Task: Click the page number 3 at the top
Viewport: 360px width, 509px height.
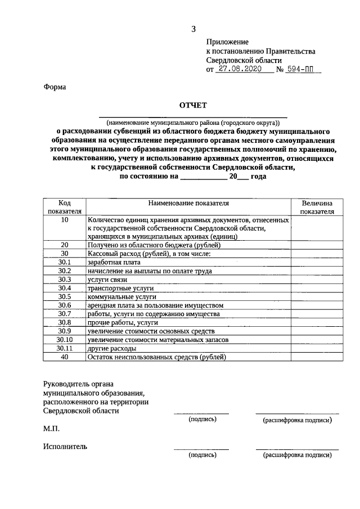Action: point(193,29)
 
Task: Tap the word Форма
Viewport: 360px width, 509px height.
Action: point(55,87)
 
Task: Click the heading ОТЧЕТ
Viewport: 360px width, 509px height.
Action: point(193,105)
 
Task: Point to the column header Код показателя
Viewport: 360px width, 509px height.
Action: point(65,207)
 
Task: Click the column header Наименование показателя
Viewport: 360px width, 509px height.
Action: point(188,203)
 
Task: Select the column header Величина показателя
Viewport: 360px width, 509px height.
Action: point(317,207)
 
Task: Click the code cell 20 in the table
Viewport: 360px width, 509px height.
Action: point(65,245)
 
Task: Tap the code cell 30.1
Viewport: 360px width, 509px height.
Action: point(65,262)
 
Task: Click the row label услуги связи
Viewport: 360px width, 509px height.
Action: point(106,279)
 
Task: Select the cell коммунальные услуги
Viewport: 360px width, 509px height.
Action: point(121,296)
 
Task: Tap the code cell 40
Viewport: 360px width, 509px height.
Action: point(65,357)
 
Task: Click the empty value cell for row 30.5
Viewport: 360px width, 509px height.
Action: point(317,296)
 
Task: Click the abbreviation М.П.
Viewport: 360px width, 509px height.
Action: point(51,429)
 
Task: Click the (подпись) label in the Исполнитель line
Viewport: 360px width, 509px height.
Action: point(202,455)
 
